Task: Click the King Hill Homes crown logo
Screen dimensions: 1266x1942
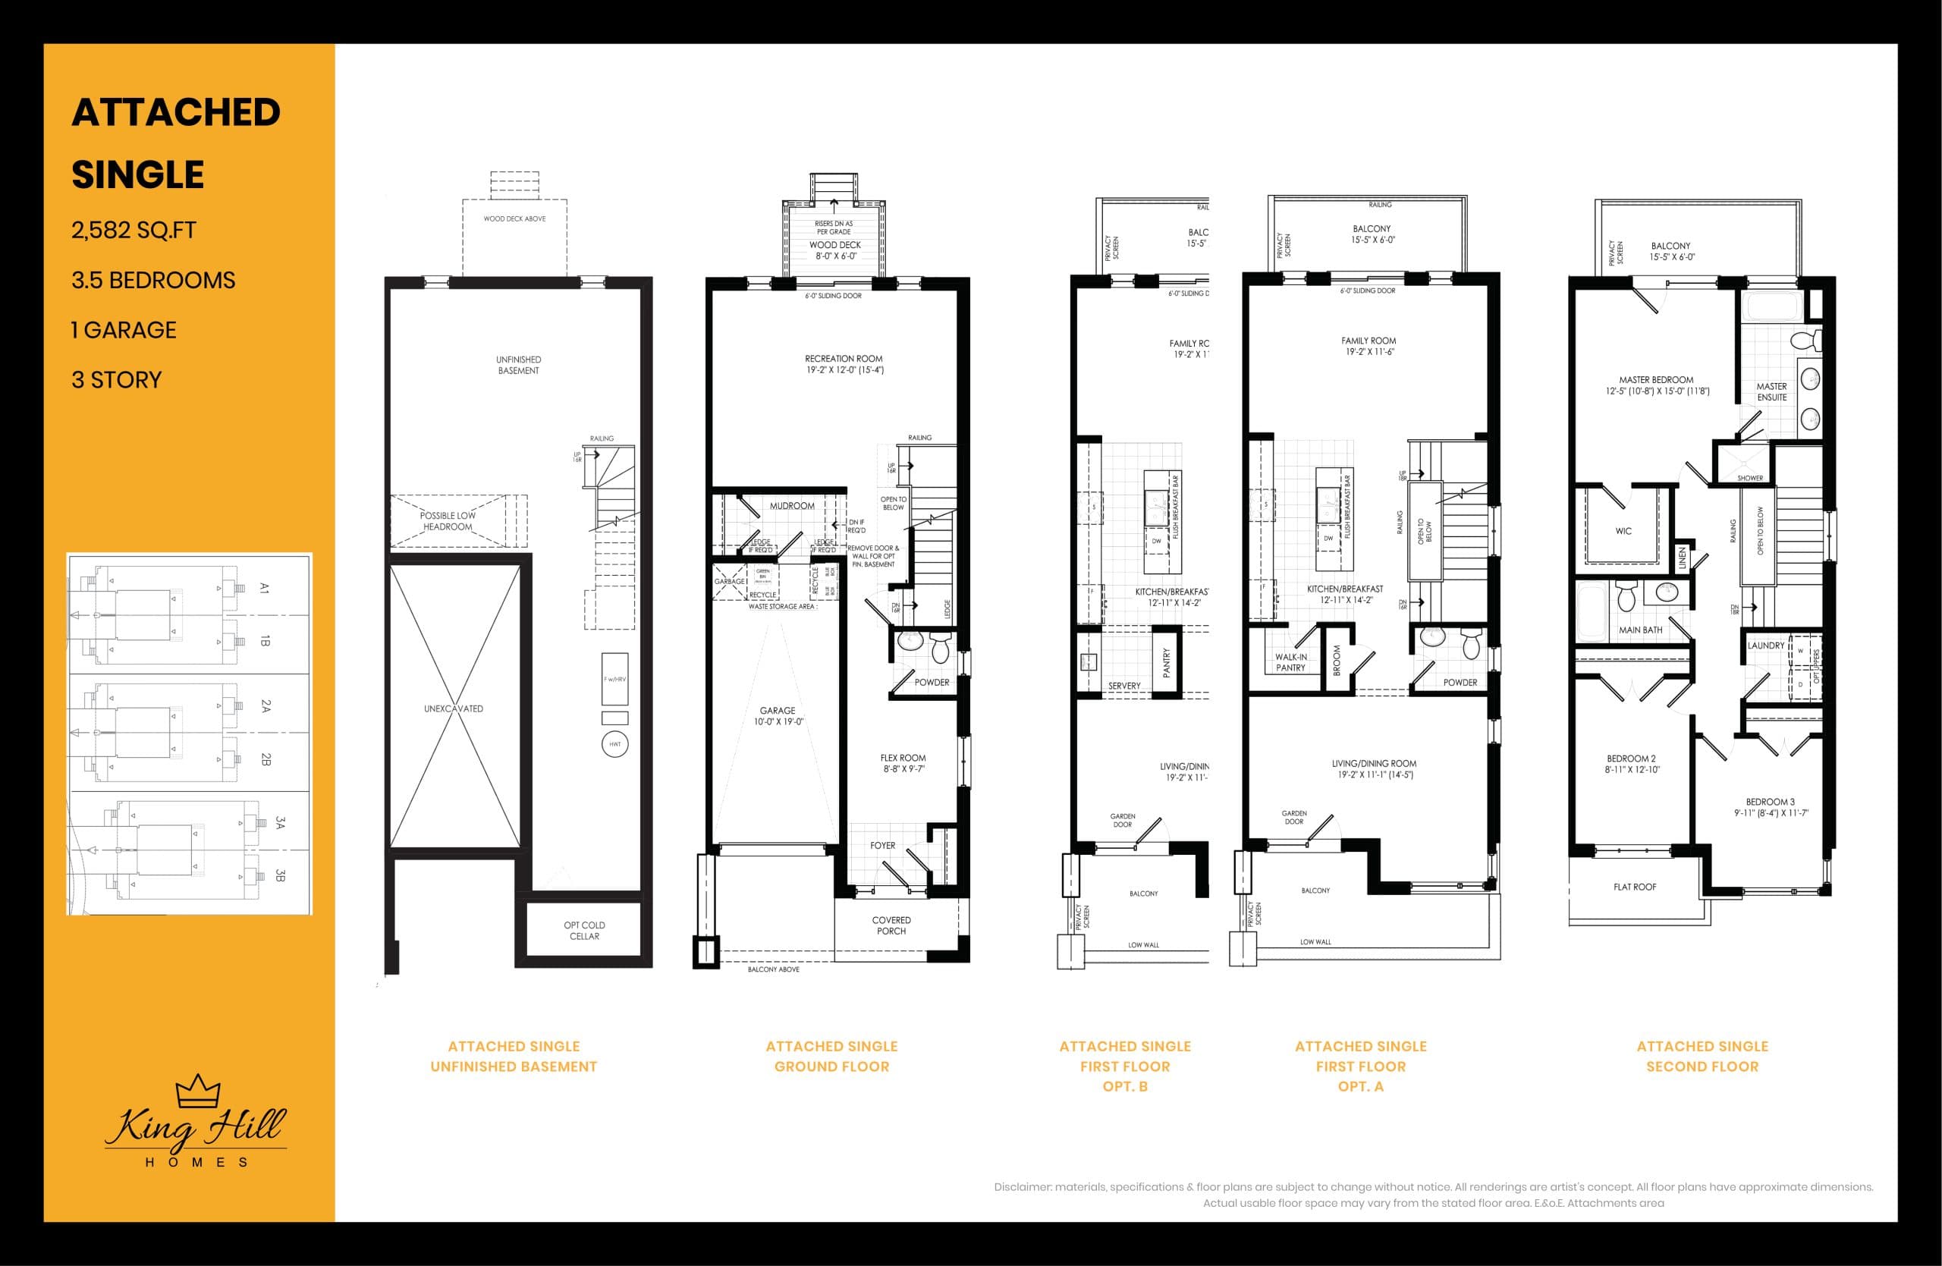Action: pyautogui.click(x=198, y=1091)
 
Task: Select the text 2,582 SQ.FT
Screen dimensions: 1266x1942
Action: pyautogui.click(x=134, y=231)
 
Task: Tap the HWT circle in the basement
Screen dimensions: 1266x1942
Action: pyautogui.click(x=614, y=744)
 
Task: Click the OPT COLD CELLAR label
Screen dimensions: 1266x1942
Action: pyautogui.click(x=584, y=931)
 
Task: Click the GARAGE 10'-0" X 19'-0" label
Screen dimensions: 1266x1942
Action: pyautogui.click(x=778, y=716)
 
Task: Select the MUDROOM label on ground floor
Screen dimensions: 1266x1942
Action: pyautogui.click(x=791, y=506)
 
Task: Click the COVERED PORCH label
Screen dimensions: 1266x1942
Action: pyautogui.click(x=891, y=925)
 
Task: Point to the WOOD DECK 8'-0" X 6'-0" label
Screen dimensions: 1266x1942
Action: pyautogui.click(x=834, y=250)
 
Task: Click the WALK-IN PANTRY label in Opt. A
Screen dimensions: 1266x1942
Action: pyautogui.click(x=1290, y=662)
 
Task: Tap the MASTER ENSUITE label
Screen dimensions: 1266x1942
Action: pyautogui.click(x=1771, y=391)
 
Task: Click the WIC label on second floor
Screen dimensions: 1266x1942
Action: pyautogui.click(x=1623, y=531)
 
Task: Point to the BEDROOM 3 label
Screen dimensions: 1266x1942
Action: pyautogui.click(x=1771, y=807)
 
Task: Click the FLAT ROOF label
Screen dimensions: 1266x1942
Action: pyautogui.click(x=1634, y=887)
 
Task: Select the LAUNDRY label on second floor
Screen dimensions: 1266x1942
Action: pyautogui.click(x=1766, y=646)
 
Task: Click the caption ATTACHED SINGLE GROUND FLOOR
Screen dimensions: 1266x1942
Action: pyautogui.click(x=831, y=1057)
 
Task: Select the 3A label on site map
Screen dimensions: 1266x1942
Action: pyautogui.click(x=280, y=822)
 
